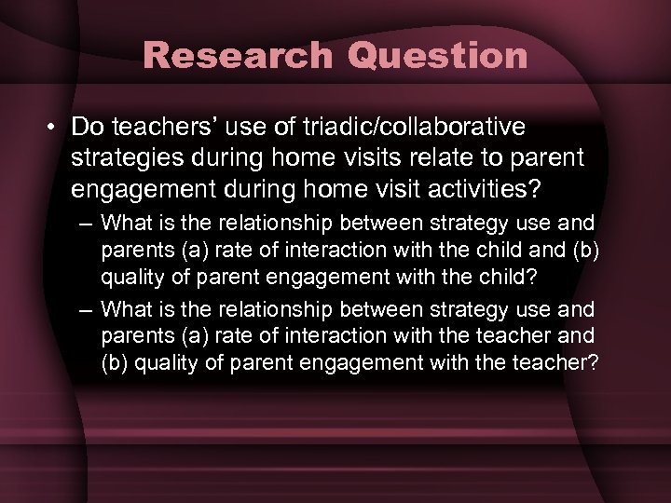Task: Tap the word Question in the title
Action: coord(438,55)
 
